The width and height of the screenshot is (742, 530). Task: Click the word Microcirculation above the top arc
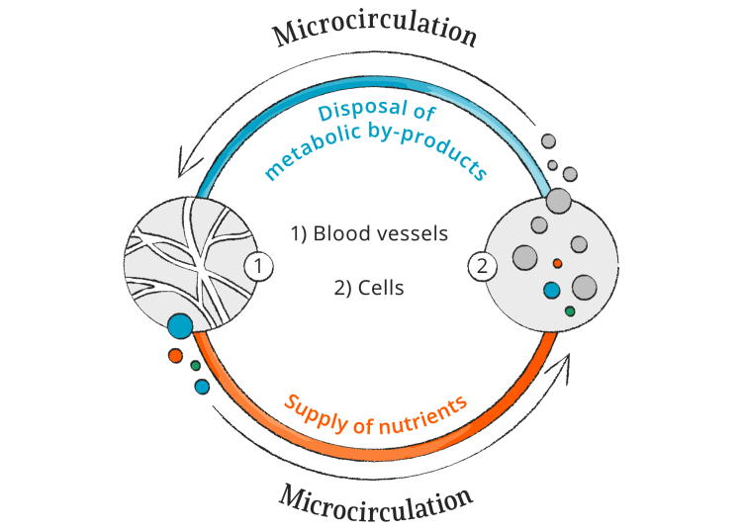click(375, 31)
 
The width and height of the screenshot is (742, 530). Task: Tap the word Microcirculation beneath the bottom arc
click(375, 500)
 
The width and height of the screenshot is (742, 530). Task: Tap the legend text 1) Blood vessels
click(369, 234)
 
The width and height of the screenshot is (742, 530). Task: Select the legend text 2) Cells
click(369, 290)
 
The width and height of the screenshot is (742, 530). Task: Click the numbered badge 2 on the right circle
click(482, 266)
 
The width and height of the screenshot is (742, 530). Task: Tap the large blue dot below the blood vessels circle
click(180, 325)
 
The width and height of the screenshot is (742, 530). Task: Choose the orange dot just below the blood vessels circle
click(175, 355)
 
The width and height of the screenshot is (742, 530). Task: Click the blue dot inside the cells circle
click(552, 291)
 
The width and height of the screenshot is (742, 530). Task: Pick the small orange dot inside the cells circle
click(557, 263)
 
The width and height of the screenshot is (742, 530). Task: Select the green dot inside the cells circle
click(570, 311)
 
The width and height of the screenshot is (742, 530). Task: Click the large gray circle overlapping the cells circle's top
click(559, 201)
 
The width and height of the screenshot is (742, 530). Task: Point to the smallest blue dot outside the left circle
click(203, 387)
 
